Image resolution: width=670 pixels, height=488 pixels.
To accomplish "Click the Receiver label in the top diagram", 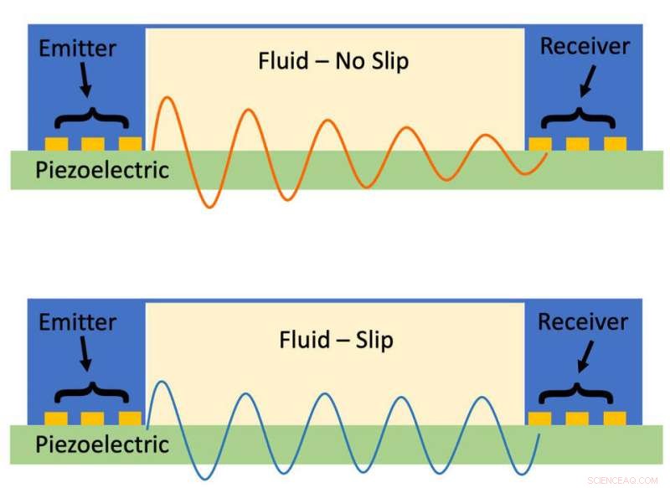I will [x=585, y=46].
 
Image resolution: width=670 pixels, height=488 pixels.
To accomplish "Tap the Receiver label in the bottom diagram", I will [x=585, y=321].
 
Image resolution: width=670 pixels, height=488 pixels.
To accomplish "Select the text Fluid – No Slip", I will [x=333, y=61].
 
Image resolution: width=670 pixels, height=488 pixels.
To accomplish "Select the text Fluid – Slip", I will [x=336, y=340].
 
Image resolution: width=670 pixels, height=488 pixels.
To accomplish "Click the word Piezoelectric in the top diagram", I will [x=102, y=171].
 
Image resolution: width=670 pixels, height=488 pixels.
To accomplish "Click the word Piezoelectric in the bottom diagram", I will [x=102, y=444].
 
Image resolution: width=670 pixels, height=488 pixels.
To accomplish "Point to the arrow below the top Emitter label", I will [x=85, y=80].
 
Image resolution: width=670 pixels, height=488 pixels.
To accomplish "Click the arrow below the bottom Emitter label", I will [x=85, y=355].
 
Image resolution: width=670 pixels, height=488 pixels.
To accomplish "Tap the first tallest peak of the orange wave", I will [x=167, y=100].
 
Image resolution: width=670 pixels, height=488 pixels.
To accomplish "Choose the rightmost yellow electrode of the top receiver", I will [x=615, y=144].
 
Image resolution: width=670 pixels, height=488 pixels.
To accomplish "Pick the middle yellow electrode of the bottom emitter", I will [x=92, y=419].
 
